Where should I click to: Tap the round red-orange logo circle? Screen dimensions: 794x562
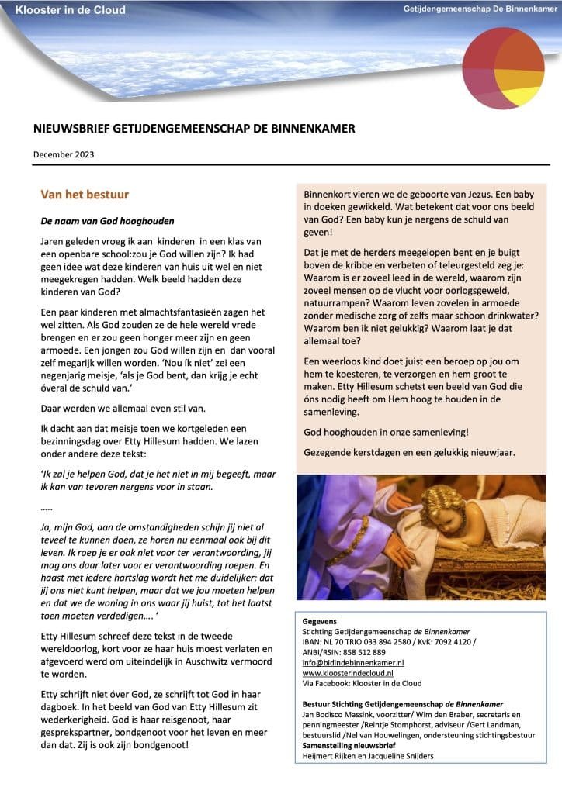click(503, 69)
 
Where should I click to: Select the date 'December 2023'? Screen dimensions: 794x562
click(64, 154)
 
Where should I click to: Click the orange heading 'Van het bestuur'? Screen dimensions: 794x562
click(85, 195)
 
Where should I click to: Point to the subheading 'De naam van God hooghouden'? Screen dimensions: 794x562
click(108, 221)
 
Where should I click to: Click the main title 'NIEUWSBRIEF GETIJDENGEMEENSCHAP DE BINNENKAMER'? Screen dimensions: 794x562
click(194, 129)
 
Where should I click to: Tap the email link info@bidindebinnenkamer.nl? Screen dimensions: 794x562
click(353, 663)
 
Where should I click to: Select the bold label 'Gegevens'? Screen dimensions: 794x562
click(320, 622)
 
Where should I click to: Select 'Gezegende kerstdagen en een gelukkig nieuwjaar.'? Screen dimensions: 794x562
click(409, 452)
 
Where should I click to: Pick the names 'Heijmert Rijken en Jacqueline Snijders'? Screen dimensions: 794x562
click(368, 755)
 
